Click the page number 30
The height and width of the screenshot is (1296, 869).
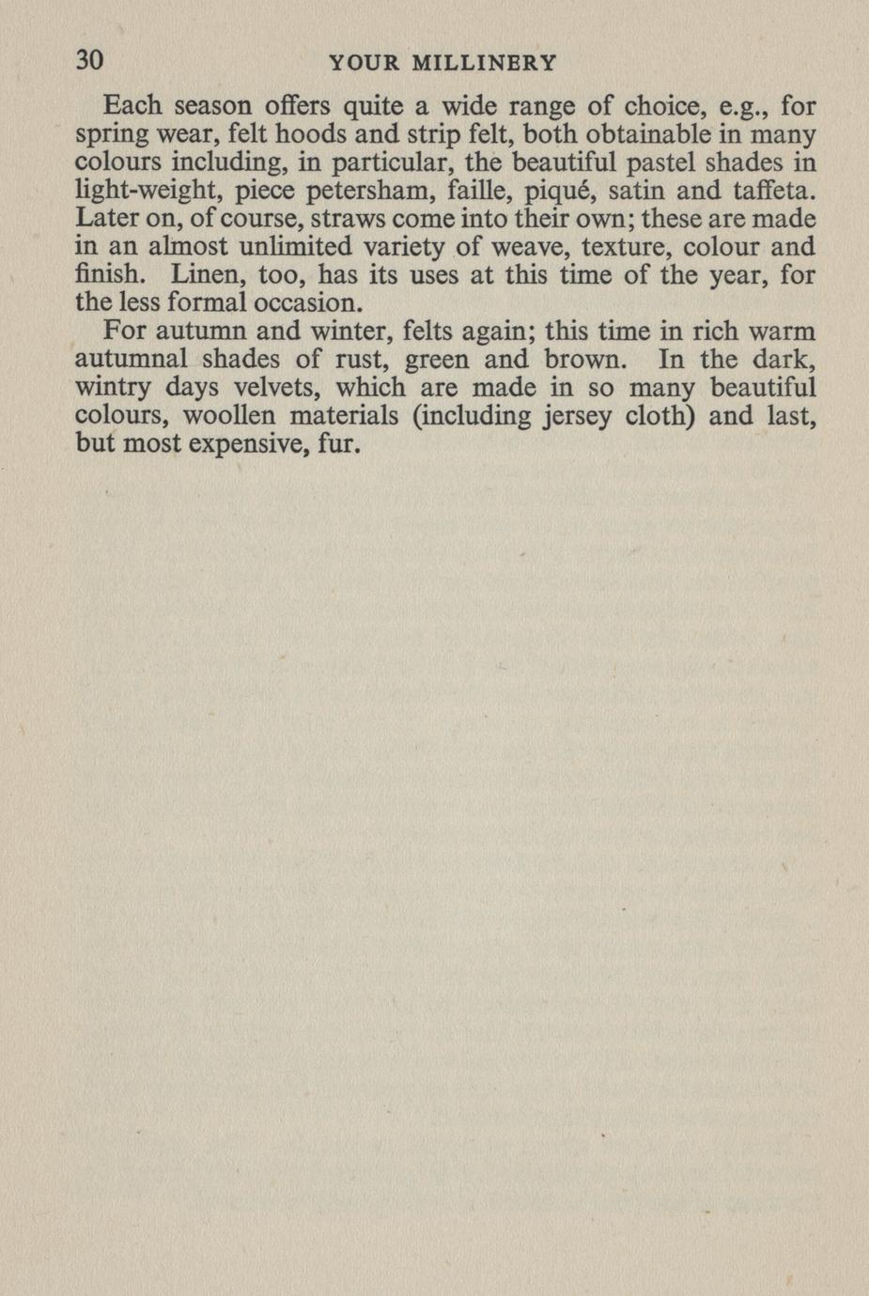(88, 60)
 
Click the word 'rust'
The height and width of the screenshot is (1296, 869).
(356, 360)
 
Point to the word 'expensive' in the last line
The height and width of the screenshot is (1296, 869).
(246, 444)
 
